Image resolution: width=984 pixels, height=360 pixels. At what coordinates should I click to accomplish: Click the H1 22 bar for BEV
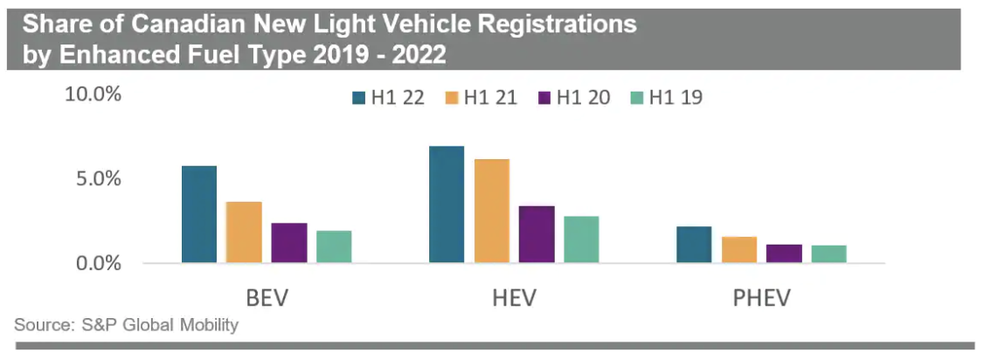coord(198,214)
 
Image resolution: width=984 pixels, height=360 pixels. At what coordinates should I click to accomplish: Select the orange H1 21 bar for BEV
coord(244,232)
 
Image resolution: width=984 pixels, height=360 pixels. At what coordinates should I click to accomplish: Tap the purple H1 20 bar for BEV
coord(288,243)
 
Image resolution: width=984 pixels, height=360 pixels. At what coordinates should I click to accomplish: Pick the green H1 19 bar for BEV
coord(333,246)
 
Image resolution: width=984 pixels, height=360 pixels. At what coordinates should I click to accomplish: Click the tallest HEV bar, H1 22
coord(447,204)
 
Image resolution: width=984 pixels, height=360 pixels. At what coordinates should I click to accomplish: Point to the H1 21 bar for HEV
coord(491,211)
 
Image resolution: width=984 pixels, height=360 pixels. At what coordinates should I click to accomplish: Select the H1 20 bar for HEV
coord(537,234)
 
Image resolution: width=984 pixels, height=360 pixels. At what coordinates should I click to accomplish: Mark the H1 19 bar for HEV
coord(581,239)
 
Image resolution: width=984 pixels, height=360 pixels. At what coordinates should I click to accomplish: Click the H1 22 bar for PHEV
coord(694,245)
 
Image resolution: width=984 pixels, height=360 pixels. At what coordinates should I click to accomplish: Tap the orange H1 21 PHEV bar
coord(739,250)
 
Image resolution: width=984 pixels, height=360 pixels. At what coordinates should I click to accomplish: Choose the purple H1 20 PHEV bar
coord(784,253)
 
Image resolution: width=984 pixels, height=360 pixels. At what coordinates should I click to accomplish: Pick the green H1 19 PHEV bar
coord(828,254)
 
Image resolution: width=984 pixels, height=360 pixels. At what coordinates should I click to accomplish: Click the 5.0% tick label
coord(97,179)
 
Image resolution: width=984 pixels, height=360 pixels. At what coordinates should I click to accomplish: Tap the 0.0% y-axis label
coord(97,263)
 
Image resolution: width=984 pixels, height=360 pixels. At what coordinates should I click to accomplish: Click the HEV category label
coord(512,299)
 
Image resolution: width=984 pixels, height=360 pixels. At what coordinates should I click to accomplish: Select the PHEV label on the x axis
coord(760,299)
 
